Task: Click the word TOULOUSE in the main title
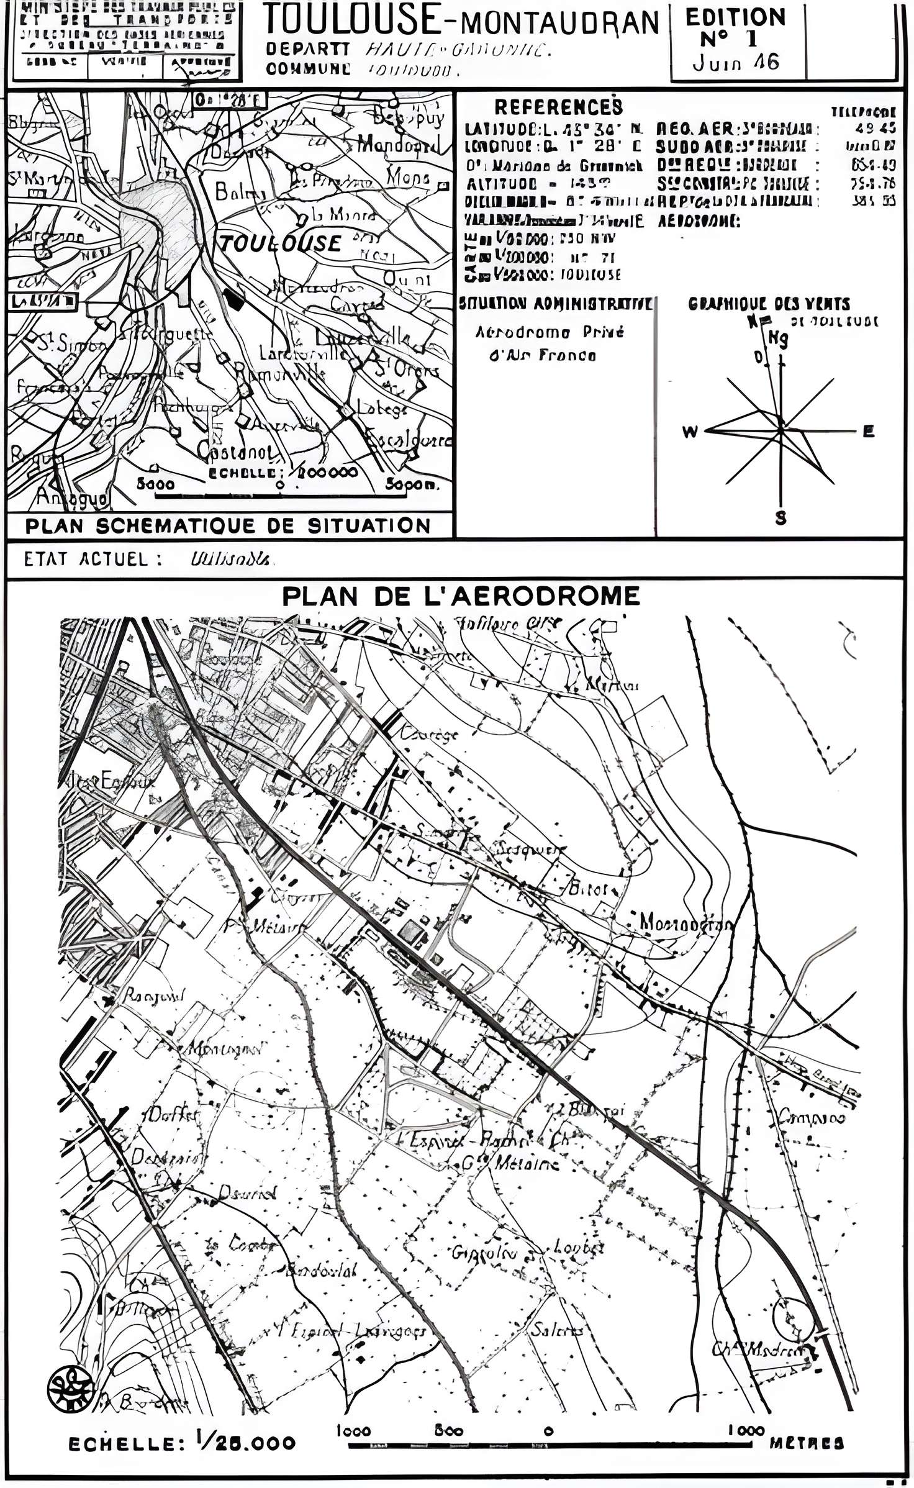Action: (351, 20)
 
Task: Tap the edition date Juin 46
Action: (736, 62)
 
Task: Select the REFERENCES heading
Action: (558, 107)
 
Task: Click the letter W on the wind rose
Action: (690, 432)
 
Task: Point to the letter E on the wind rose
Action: (869, 432)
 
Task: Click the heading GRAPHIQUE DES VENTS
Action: (769, 304)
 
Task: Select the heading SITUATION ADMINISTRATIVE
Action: (555, 304)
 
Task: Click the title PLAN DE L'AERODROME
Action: (461, 596)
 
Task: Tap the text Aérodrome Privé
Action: (549, 333)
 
